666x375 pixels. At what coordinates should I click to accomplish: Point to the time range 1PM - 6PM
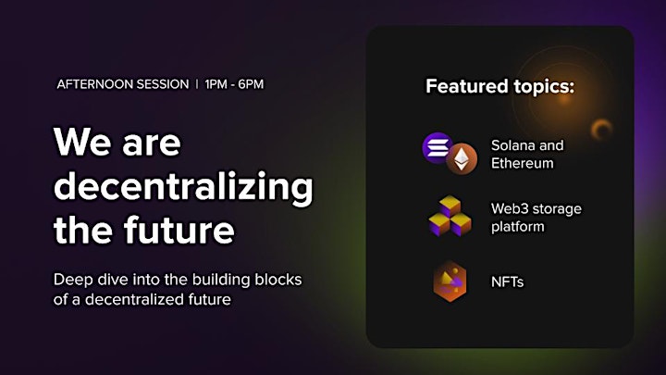pos(234,84)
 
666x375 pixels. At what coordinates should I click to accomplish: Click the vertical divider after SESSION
pos(197,84)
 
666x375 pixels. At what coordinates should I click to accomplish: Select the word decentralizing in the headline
pos(183,188)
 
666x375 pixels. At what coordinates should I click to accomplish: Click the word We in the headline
pos(82,142)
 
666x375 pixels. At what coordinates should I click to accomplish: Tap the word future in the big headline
pos(179,229)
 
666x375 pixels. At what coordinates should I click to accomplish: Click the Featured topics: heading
pos(499,86)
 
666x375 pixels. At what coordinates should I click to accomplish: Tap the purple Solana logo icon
pos(437,147)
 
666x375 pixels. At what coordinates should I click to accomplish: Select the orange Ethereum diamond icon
pos(462,159)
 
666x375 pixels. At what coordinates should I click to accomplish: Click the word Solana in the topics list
pos(512,145)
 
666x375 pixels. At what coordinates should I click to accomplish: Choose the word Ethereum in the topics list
pos(523,163)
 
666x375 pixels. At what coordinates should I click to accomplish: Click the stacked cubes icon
pos(450,216)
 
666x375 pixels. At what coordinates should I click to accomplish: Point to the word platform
pos(518,227)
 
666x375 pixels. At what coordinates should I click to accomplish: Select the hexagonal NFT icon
pos(450,281)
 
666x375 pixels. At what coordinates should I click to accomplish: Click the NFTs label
pos(507,281)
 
